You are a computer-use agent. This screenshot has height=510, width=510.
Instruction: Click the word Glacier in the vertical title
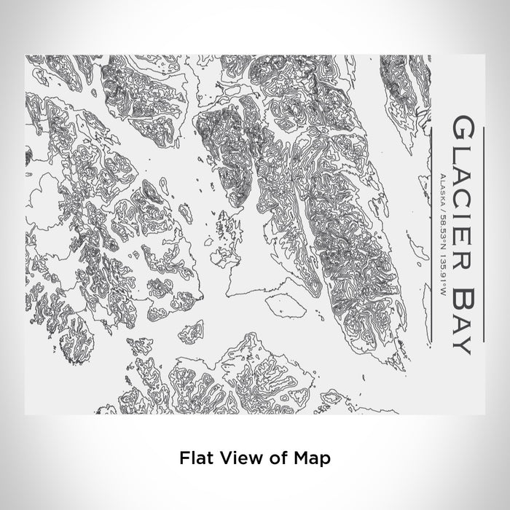click(x=464, y=186)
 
